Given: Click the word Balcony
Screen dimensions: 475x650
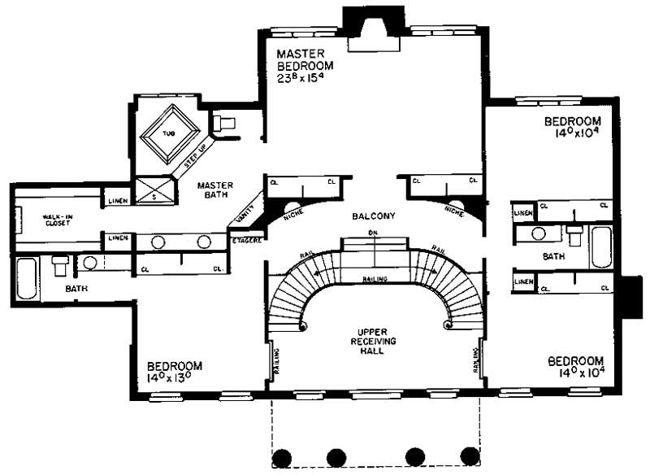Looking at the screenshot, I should (x=374, y=216).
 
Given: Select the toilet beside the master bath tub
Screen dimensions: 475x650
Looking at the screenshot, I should (x=224, y=123).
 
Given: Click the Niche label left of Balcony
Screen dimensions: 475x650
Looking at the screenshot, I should (x=293, y=216).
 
